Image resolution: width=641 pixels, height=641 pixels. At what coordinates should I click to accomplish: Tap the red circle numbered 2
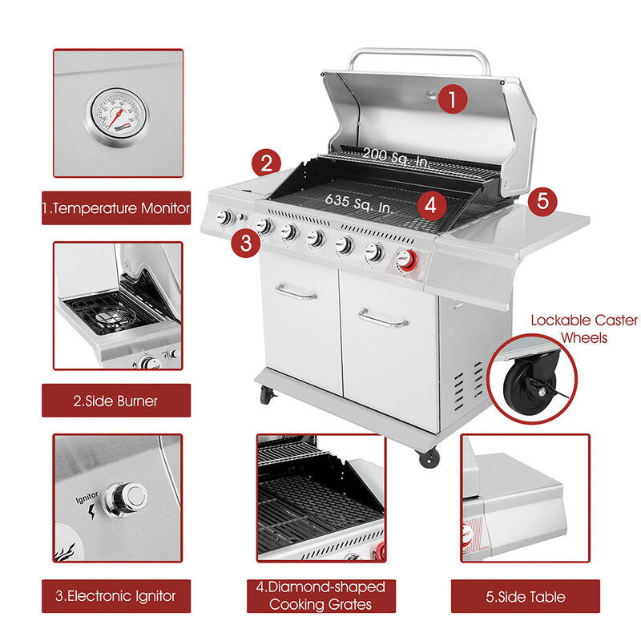(267, 163)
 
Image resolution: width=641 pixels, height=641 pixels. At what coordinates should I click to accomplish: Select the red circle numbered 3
(246, 242)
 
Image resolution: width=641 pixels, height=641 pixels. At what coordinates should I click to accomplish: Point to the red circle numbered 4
(431, 204)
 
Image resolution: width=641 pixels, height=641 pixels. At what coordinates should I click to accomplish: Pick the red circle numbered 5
(542, 200)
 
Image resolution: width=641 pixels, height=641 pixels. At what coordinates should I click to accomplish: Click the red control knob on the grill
(407, 260)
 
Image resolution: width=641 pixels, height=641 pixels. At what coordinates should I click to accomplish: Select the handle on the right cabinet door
(384, 319)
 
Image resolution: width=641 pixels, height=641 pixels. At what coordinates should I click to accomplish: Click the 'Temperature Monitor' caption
(116, 209)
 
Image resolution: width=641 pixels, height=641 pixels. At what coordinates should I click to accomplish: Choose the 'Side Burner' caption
(116, 401)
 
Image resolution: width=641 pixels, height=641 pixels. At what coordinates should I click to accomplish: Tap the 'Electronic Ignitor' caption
(116, 595)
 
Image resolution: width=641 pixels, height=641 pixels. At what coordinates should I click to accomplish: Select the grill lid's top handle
(419, 56)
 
